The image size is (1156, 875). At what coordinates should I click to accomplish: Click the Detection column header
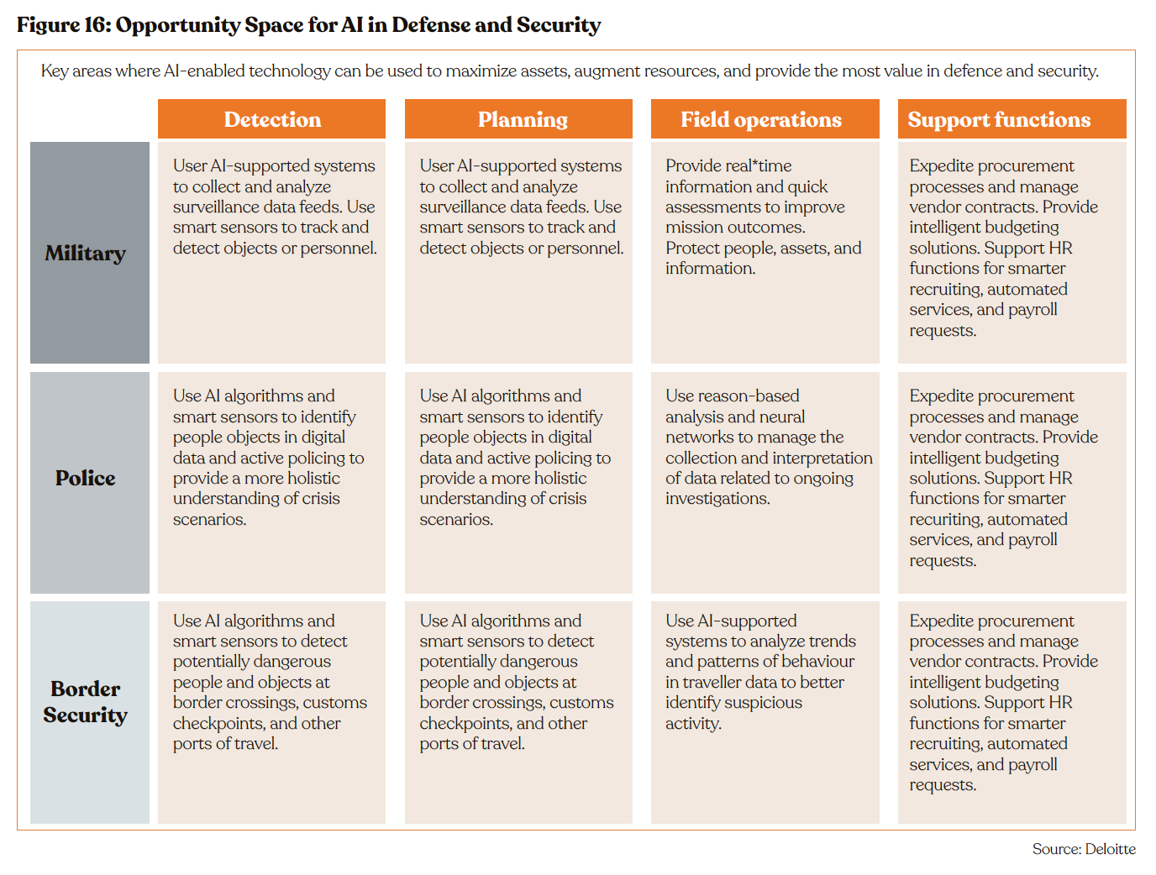271,119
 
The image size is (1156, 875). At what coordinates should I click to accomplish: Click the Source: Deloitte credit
1084,849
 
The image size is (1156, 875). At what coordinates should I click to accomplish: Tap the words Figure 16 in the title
64,25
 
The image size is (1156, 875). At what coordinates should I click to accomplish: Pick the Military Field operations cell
765,252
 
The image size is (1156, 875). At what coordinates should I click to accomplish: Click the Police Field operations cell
765,482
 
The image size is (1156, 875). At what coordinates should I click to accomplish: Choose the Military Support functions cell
1012,252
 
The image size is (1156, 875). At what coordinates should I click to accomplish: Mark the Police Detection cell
271,482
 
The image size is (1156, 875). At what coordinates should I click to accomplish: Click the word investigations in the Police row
717,499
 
